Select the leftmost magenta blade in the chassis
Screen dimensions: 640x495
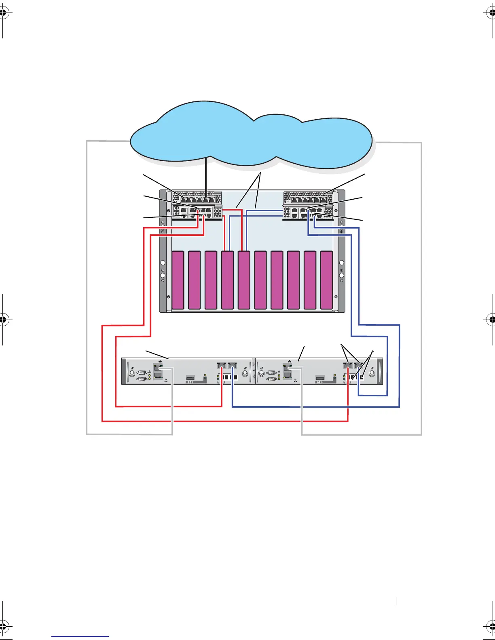pos(178,280)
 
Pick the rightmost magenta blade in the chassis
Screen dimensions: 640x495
pos(326,280)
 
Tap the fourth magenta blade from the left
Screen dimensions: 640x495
pos(227,280)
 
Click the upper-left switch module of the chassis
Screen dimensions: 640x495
pos(197,198)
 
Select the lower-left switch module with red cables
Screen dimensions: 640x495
pos(197,212)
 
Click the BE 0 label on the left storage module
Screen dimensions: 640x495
pos(190,382)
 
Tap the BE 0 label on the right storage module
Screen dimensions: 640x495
pos(320,382)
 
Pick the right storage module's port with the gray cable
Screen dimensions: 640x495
pos(288,368)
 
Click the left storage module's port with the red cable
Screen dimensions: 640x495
pos(222,366)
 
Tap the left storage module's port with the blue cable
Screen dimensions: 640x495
pos(232,366)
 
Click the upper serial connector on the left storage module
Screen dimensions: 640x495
pos(142,373)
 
